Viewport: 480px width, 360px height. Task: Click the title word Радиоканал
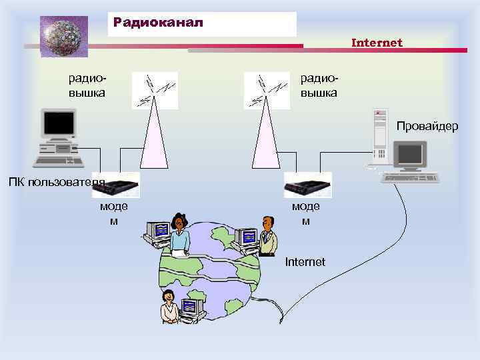coord(157,22)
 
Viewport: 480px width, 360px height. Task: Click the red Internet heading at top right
coord(377,43)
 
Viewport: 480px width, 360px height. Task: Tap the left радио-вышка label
coord(87,85)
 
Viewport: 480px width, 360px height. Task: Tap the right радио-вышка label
coord(319,85)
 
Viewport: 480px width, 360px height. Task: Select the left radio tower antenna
coord(155,90)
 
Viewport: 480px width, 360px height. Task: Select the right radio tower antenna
coord(267,90)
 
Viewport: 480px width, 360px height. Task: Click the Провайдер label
coord(427,126)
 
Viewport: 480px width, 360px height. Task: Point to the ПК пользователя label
coord(56,183)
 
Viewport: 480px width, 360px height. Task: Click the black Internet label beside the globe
coord(305,262)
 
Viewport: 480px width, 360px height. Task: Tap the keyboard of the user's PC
coord(59,161)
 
